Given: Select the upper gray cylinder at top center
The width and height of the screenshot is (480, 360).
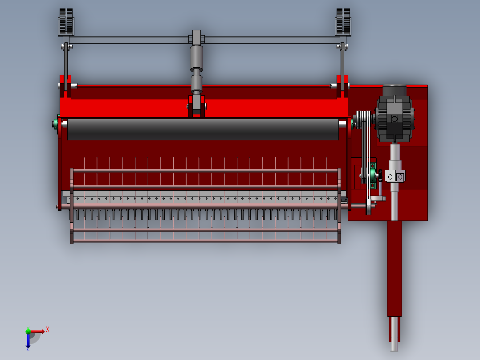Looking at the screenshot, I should click(196, 56).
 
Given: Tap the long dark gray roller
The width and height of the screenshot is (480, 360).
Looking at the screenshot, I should click(203, 129).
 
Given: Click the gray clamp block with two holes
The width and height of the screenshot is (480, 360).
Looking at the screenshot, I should click(395, 176).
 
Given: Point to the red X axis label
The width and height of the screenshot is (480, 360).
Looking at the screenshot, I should click(48, 329).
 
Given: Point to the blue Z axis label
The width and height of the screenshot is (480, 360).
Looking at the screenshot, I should click(28, 349).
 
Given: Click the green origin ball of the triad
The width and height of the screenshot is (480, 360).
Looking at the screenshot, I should click(28, 331).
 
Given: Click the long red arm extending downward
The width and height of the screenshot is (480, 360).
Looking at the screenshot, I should click(394, 267).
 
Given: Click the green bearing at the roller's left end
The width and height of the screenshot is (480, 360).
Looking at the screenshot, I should click(57, 123).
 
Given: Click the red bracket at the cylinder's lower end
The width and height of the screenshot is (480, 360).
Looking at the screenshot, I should click(196, 107).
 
